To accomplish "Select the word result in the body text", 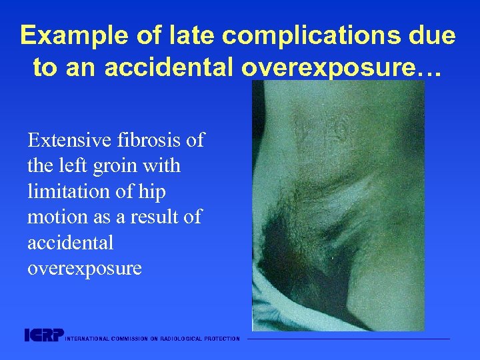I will [157, 217].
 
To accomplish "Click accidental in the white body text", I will [71, 243].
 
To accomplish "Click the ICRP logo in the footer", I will [43, 335].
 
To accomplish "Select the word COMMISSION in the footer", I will [131, 339].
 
